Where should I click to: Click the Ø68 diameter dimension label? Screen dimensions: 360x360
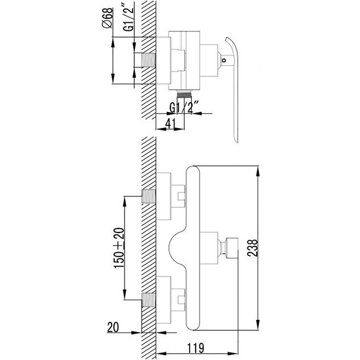107,18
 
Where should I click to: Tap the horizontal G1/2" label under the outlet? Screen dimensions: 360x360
184,107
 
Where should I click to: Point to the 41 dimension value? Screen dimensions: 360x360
170,124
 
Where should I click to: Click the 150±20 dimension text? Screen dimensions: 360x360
119,248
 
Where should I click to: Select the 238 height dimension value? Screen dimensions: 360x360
253,248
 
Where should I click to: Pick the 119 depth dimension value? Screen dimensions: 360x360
195,347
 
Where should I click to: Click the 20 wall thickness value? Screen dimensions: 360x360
113,327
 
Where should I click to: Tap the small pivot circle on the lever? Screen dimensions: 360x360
224,61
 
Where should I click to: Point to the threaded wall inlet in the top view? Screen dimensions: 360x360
149,60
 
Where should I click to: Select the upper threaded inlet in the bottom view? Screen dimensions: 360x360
149,197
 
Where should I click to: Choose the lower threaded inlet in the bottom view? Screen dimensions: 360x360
149,300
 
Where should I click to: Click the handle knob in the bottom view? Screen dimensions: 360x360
232,247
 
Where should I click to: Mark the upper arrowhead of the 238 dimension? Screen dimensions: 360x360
258,171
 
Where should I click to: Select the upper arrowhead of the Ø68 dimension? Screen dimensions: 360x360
113,42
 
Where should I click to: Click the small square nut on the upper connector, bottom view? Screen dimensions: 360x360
181,197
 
